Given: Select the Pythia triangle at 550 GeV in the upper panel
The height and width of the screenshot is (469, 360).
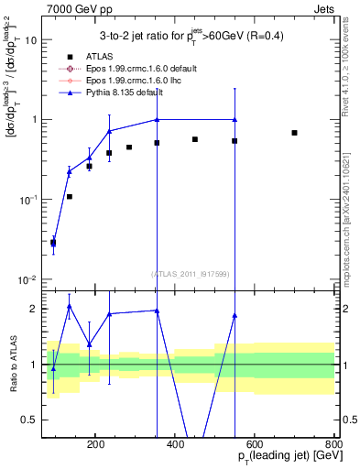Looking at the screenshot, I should tap(235, 120).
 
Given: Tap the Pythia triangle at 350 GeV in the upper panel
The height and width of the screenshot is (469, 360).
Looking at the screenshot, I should tap(157, 120).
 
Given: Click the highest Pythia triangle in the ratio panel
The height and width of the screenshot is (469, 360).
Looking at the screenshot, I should tap(70, 306).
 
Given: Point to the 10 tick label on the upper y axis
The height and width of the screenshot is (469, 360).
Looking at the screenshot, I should tap(31, 40).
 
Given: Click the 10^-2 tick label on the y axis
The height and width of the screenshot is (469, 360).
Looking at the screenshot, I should tap(29, 279).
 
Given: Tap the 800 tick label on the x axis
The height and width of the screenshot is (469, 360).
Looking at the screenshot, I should tap(333, 442).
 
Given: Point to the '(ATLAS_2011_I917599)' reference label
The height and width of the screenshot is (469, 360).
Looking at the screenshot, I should tap(191, 273).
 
